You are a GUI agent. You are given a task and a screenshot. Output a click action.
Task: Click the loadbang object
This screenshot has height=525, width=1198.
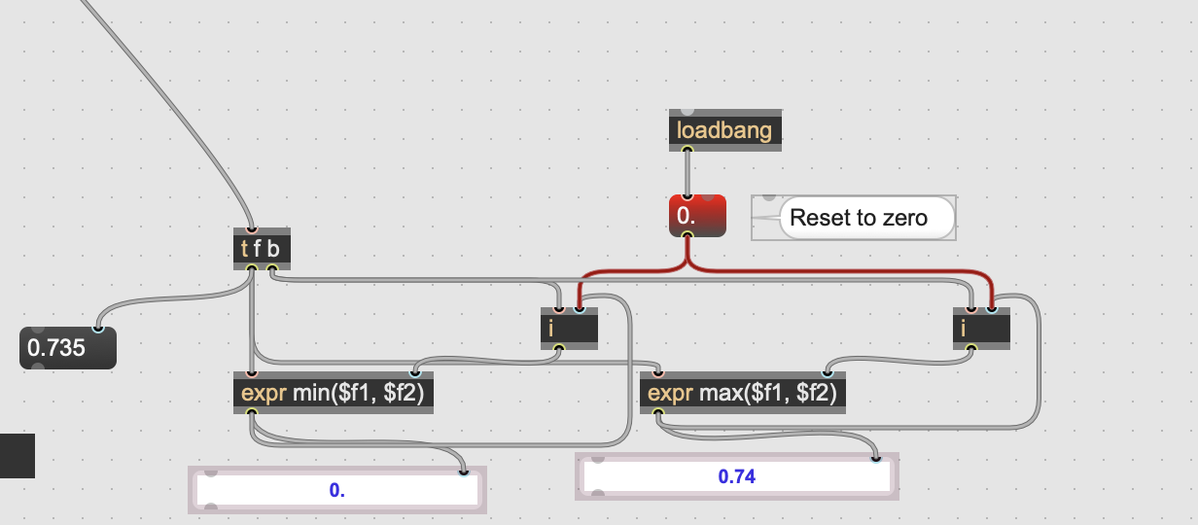724,130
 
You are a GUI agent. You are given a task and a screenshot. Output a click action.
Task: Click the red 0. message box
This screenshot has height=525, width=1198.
697,216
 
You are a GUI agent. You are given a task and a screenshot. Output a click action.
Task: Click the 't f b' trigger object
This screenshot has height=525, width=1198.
262,249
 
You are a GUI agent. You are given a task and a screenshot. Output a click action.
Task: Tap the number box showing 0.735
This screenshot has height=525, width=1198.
68,348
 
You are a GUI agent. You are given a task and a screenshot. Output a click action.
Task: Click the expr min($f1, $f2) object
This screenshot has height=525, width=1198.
334,393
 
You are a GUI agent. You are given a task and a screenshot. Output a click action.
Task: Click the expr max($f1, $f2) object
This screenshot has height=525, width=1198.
743,393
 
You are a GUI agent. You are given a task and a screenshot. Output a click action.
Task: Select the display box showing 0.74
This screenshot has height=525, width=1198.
737,476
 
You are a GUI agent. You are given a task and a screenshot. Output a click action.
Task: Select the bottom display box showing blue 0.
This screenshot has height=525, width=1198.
337,490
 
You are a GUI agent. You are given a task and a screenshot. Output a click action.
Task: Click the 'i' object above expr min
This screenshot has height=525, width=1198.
569,329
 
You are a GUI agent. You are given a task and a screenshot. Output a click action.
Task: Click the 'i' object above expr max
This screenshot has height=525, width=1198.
981,329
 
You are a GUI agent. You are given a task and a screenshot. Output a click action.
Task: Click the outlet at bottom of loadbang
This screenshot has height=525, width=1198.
687,150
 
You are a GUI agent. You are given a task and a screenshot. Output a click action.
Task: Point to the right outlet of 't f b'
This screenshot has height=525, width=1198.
272,267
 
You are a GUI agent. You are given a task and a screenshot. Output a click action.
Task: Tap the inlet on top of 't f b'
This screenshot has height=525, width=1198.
252,229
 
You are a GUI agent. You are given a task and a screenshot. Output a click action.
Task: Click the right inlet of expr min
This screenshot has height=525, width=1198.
415,373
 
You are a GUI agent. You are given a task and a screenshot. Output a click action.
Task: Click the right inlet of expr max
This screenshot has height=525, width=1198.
828,373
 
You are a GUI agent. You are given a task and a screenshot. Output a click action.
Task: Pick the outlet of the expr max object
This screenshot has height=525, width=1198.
658,411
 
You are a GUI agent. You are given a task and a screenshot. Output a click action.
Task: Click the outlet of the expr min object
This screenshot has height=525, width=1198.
252,411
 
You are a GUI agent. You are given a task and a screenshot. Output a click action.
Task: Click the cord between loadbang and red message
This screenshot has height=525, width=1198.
687,173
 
